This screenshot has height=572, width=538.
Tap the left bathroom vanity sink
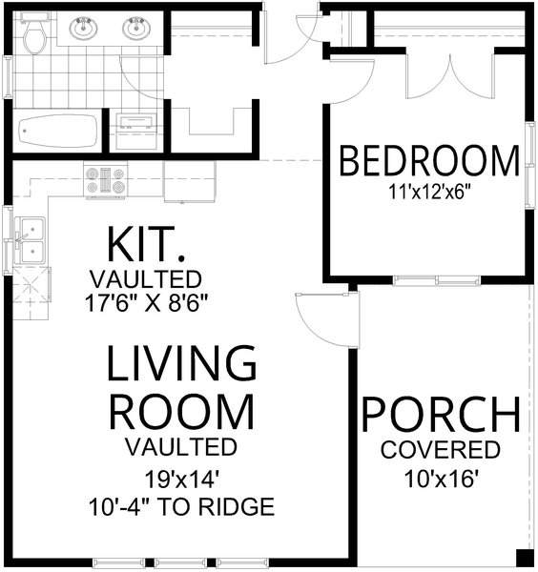(83, 28)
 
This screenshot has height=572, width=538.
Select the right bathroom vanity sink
(134, 28)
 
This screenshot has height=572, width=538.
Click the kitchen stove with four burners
(106, 181)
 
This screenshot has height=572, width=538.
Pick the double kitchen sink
(31, 240)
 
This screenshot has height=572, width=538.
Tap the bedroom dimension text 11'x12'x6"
(430, 191)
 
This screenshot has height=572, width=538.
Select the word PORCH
(440, 416)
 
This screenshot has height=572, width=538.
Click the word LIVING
(181, 365)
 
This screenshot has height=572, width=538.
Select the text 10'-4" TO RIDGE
(181, 506)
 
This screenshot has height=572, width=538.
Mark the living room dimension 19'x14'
(181, 478)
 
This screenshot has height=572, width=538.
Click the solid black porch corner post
(525, 558)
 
